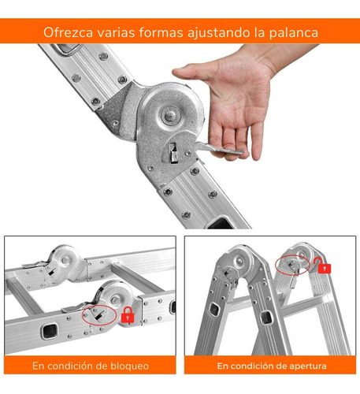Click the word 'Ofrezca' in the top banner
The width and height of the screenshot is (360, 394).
[x=68, y=32]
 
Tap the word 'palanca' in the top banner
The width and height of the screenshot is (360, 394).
[x=294, y=32]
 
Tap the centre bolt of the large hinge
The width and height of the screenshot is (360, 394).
[x=170, y=115]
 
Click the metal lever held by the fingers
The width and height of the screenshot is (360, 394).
[x=218, y=149]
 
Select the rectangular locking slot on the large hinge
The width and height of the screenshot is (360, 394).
[x=173, y=153]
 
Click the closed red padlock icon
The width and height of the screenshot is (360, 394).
[x=128, y=315]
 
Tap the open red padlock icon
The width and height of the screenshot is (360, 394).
[x=323, y=266]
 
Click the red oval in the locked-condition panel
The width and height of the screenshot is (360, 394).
[x=99, y=315]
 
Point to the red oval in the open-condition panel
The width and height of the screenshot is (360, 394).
[x=292, y=265]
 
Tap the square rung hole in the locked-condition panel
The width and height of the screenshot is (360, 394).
[x=49, y=331]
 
